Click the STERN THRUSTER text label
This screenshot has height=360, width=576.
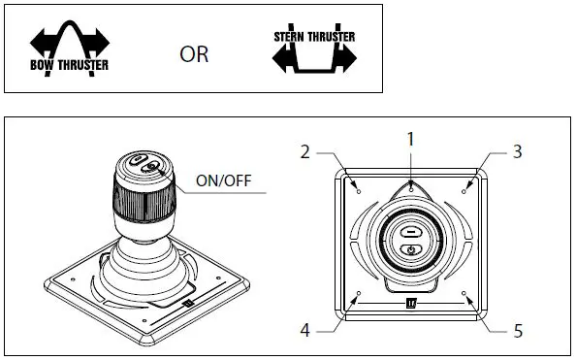pos(314,37)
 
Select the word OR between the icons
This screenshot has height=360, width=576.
pos(194,55)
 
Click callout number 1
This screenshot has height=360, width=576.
pos(410,139)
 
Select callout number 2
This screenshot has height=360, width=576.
pos(304,151)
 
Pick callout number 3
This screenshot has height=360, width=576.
pos(517,151)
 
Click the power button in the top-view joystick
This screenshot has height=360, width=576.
pos(410,249)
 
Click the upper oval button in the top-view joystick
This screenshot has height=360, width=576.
pos(410,233)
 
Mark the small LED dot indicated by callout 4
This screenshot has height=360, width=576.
pos(359,293)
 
